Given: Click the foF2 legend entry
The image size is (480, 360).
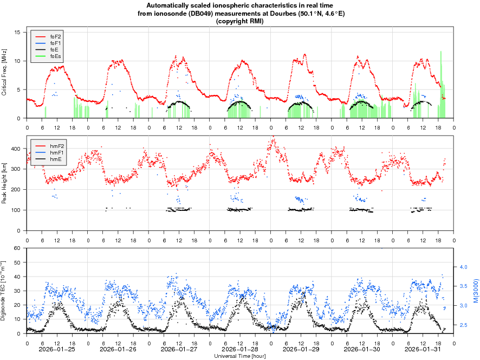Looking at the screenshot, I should [x=55, y=36].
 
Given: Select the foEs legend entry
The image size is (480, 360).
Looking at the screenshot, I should [x=55, y=56].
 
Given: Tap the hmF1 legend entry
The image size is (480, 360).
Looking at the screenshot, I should [x=55, y=153].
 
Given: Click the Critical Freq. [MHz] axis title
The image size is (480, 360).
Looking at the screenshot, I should [x=4, y=72].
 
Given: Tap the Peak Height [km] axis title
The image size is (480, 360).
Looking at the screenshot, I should [x=4, y=183].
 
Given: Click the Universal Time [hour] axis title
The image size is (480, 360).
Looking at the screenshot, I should [x=240, y=356].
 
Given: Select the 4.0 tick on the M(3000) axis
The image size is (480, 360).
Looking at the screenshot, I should [x=464, y=267].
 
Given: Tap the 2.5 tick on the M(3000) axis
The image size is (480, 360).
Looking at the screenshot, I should [x=464, y=325].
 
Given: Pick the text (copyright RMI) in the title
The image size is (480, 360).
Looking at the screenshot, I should [x=240, y=21].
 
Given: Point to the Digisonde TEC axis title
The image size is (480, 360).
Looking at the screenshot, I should [x=4, y=291].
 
